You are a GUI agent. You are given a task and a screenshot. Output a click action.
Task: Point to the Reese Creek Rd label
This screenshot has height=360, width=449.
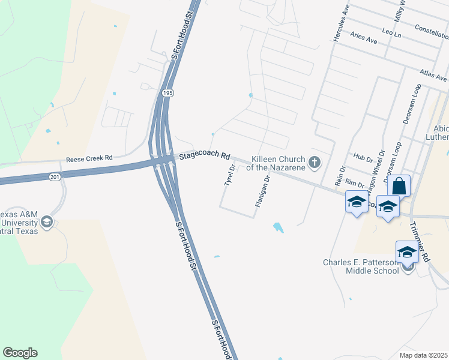tap(89, 158)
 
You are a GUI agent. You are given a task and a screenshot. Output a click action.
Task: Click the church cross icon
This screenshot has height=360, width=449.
tap(314, 162)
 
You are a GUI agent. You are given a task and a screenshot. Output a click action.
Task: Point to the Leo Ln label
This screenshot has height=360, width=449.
tap(393, 32)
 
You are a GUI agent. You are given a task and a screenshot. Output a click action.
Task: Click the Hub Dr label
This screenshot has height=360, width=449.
tap(364, 157)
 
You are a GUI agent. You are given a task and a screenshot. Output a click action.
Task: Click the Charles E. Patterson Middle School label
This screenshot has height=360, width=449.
tap(361, 266)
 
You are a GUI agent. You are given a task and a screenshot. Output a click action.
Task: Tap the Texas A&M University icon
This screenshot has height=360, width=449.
tap(47, 223)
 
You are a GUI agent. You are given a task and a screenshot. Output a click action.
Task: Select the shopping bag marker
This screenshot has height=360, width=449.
tap(399, 185)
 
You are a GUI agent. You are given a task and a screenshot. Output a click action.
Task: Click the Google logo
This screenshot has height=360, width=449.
tap(20, 353)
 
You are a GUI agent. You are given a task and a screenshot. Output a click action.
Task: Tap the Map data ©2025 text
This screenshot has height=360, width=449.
tap(423, 355)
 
